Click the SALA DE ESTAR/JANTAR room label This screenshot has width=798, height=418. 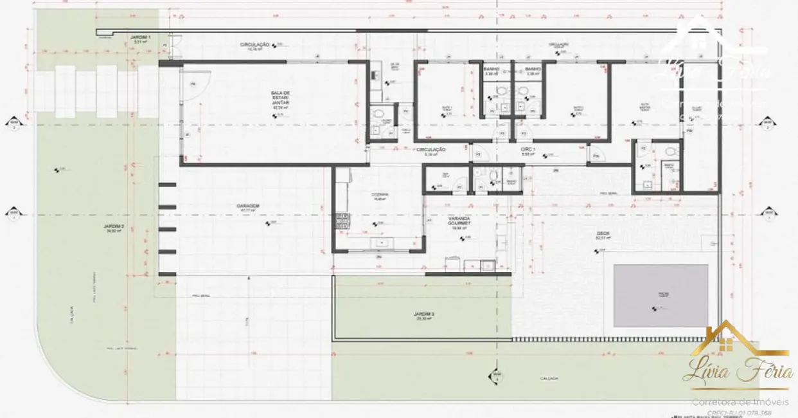coord(278,100)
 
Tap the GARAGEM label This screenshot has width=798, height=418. coord(247,207)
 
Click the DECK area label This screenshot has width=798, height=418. coord(603,234)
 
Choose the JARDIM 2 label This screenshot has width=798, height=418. coord(113,228)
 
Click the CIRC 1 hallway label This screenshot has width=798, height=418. coord(528,149)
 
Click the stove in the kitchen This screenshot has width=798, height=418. coord(341,222)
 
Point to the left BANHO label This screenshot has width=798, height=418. coord(492,69)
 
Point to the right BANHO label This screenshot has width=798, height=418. coord(533,69)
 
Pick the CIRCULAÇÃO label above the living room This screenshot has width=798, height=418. coord(254,44)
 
